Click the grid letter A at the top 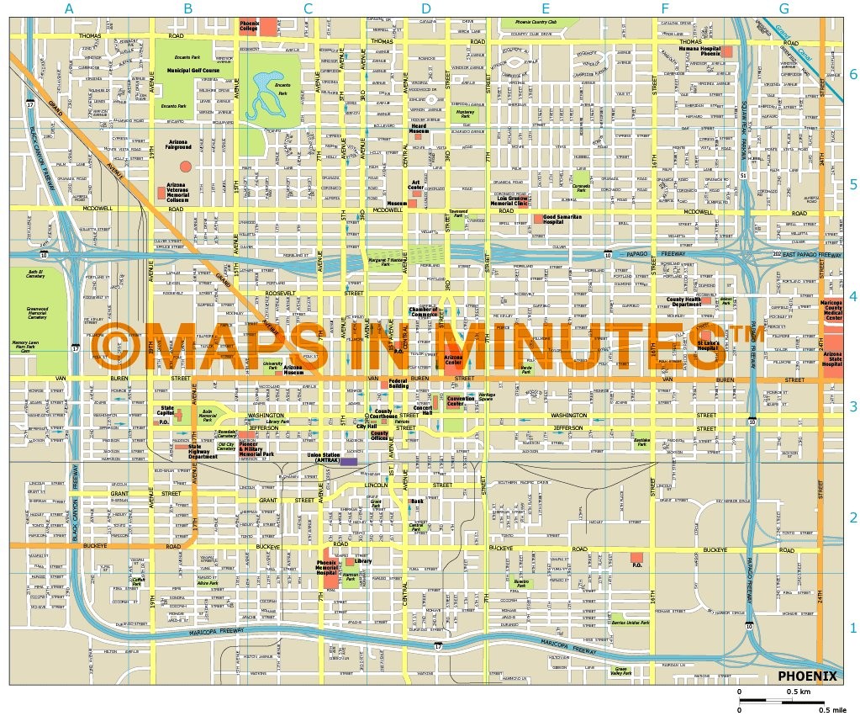pyautogui.click(x=69, y=8)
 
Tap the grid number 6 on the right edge pyautogui.click(x=852, y=74)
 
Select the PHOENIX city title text pyautogui.click(x=806, y=676)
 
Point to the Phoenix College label pyautogui.click(x=249, y=26)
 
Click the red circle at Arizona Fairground pyautogui.click(x=186, y=167)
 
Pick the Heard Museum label pyautogui.click(x=419, y=130)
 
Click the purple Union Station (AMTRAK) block pyautogui.click(x=348, y=462)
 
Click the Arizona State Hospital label pyautogui.click(x=832, y=359)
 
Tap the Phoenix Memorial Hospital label pyautogui.click(x=326, y=565)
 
